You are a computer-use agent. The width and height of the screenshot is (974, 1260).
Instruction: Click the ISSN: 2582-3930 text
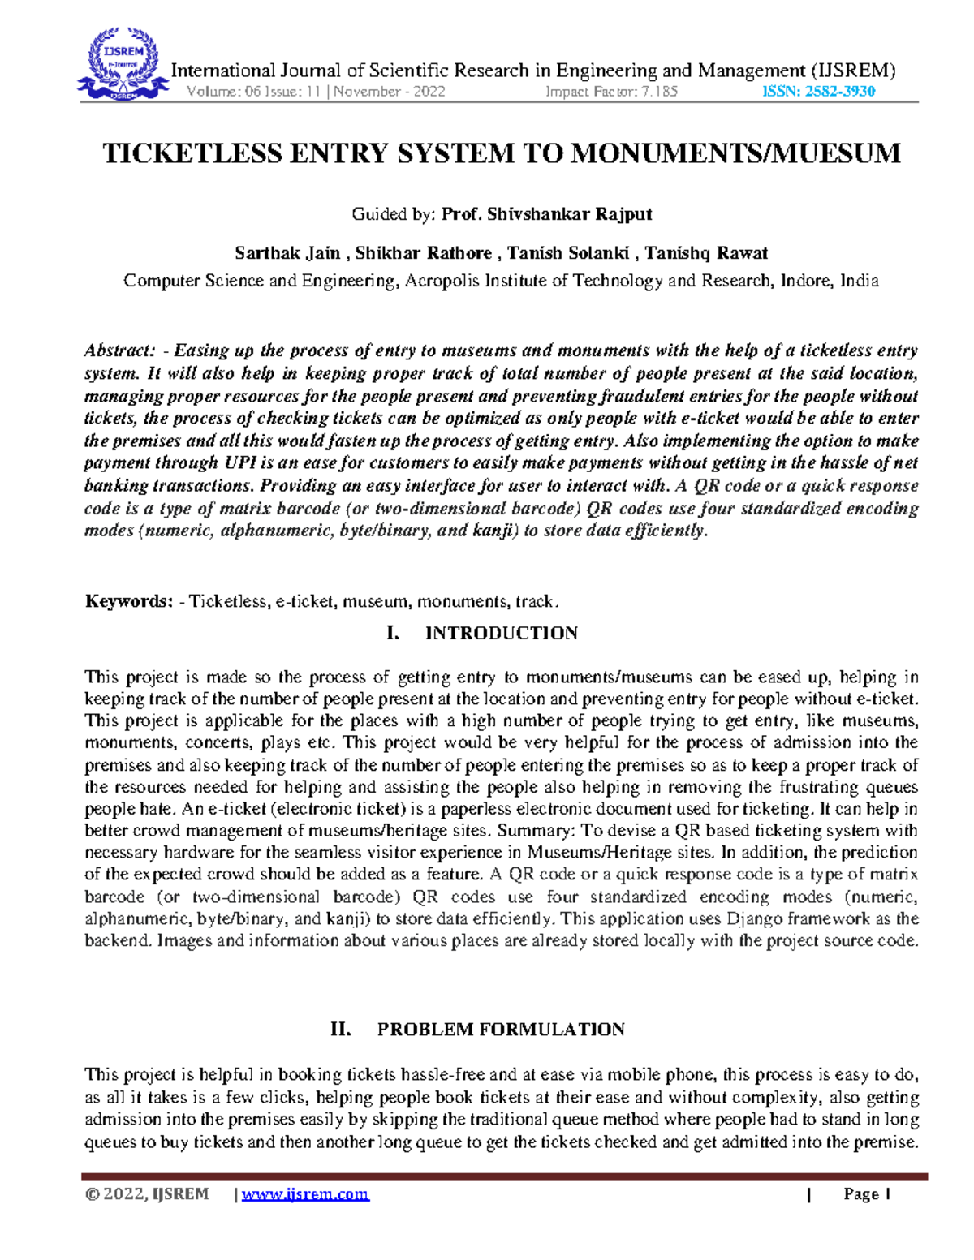click(818, 92)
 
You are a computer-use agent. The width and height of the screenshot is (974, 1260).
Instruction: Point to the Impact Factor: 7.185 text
click(611, 92)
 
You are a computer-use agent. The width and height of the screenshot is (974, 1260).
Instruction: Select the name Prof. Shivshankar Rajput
click(546, 214)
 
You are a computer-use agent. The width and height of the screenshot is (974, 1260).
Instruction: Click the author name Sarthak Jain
click(287, 253)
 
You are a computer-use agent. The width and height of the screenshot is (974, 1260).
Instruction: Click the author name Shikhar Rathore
click(424, 253)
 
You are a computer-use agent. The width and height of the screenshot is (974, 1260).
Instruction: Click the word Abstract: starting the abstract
click(119, 351)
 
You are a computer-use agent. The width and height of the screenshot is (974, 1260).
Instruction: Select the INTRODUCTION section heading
click(501, 634)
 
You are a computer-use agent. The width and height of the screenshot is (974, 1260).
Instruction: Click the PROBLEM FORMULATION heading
click(501, 1030)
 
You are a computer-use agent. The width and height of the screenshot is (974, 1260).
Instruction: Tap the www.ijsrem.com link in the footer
click(305, 1194)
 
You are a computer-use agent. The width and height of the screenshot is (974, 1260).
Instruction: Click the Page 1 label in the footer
click(867, 1194)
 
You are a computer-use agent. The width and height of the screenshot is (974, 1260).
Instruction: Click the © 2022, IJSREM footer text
click(147, 1194)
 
